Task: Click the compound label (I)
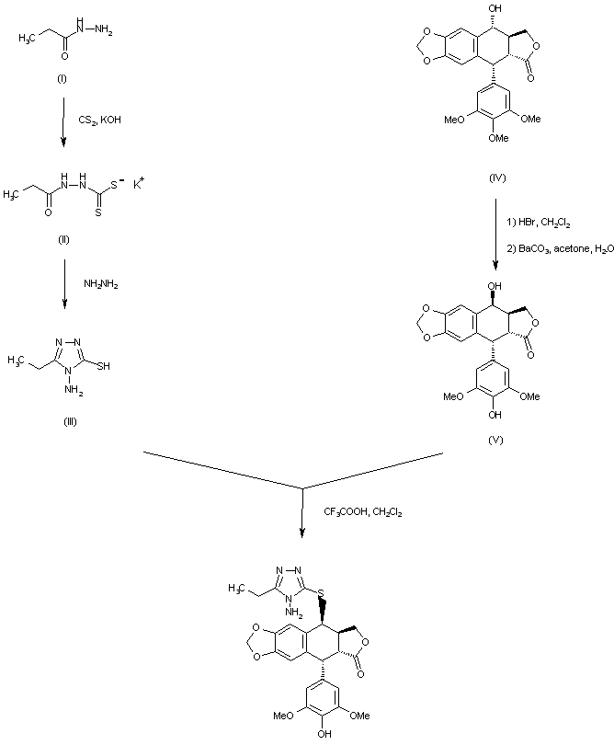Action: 62,79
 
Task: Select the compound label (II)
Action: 63,239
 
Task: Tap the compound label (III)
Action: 70,421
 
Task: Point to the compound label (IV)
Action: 496,178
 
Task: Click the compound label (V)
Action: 495,440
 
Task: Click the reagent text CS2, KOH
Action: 99,120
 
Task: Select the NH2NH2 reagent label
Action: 101,284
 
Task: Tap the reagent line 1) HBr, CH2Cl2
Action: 539,223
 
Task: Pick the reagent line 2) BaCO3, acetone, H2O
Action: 561,248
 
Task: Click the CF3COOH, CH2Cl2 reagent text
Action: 363,511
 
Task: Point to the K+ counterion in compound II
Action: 139,183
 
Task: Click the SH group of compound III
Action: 103,366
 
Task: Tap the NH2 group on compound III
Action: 74,391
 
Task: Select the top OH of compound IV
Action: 495,8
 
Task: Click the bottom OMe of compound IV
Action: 498,138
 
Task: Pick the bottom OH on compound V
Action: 495,415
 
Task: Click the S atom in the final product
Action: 322,593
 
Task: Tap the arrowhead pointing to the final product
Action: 302,533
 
